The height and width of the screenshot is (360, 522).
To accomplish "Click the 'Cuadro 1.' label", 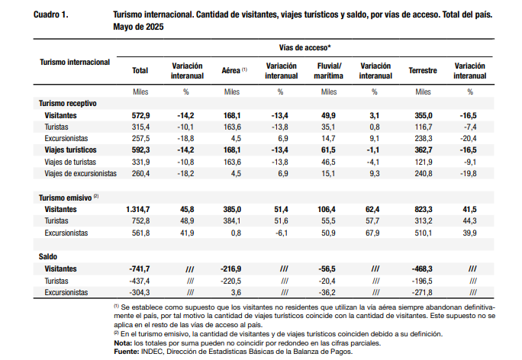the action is (x=51, y=14).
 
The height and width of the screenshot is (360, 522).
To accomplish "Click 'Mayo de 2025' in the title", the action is (x=138, y=27).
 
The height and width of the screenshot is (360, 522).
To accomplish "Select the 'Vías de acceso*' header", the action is (x=305, y=47).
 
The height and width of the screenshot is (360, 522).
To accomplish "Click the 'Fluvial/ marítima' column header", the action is (x=329, y=71).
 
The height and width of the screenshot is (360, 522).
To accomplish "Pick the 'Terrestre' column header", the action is (x=423, y=70).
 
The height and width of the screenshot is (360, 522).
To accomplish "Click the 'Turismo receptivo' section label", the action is (x=68, y=104).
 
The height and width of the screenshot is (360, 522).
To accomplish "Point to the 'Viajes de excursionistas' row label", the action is (x=81, y=173).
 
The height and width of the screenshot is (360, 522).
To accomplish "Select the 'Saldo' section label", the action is (x=48, y=256).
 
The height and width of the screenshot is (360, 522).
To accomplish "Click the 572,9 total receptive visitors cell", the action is (x=141, y=115).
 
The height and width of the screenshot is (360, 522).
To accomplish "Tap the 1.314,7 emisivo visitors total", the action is (x=138, y=209).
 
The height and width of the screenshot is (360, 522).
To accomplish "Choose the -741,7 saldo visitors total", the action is (x=140, y=268).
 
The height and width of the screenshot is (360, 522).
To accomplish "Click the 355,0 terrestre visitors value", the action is (x=424, y=115).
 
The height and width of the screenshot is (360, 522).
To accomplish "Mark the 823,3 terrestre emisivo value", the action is (x=424, y=209).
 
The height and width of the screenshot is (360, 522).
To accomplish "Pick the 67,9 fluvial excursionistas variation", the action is (x=372, y=233).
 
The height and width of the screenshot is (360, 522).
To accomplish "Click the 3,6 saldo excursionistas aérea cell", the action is (x=236, y=292).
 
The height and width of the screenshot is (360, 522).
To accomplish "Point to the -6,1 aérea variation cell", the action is (x=282, y=233).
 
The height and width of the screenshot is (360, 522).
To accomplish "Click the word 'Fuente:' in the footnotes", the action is (x=127, y=352).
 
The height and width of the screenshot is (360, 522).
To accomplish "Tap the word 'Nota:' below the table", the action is (x=123, y=343).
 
